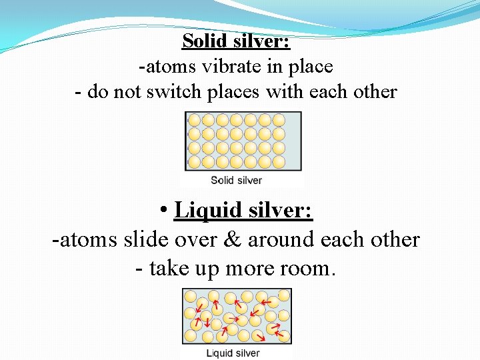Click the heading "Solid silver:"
236,41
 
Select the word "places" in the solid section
237,92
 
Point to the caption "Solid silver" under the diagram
237,180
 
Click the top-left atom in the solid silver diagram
194,120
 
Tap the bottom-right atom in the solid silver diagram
278,162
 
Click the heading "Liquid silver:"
243,211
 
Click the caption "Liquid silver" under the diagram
233,353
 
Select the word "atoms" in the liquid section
84,240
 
